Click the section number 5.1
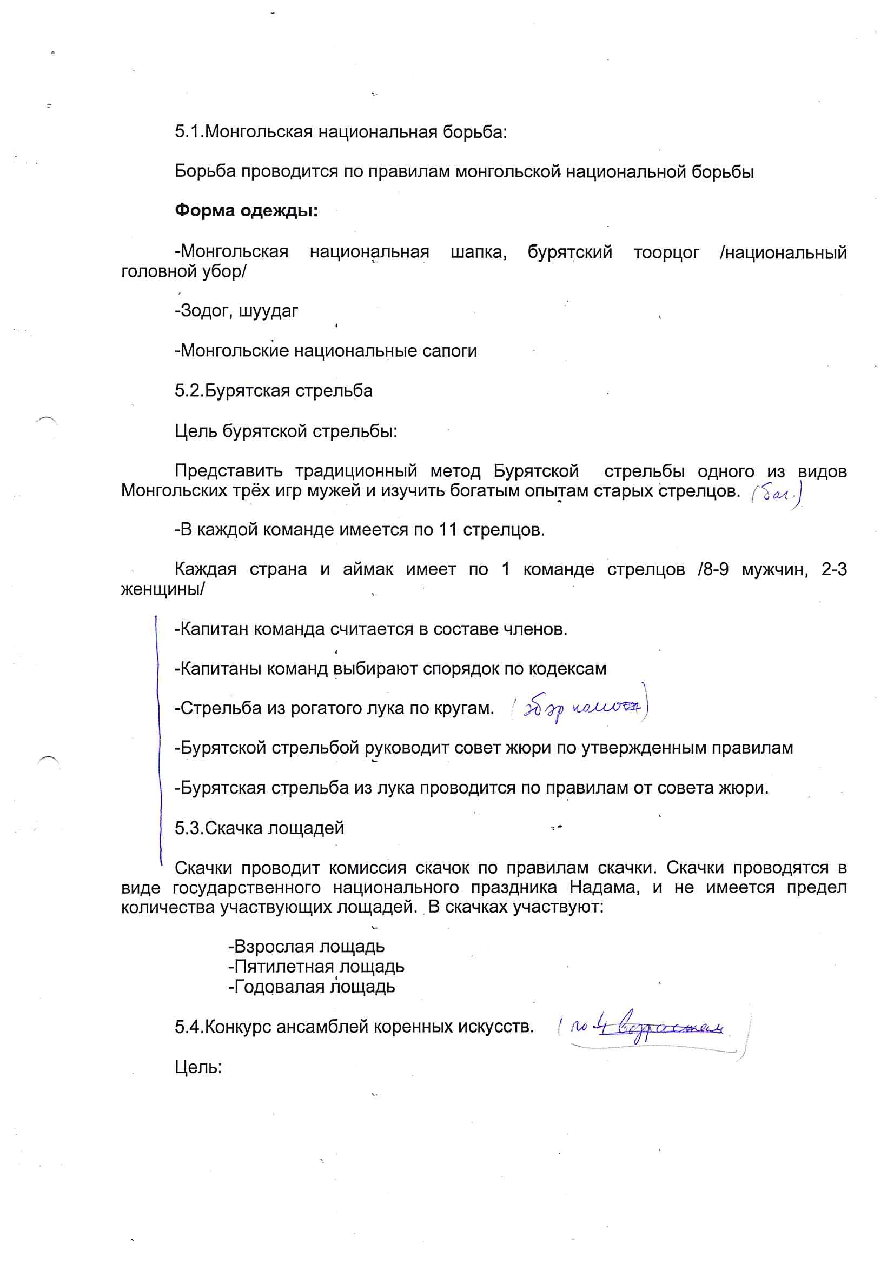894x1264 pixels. tap(189, 132)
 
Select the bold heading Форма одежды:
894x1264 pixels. tap(246, 210)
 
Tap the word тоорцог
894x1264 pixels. tap(666, 252)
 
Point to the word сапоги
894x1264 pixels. tap(449, 351)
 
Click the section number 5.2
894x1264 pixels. tap(189, 391)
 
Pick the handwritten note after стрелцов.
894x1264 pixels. tap(776, 494)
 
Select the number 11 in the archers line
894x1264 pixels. tap(448, 530)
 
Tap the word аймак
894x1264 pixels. tap(368, 569)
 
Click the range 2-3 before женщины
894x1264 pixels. tap(833, 569)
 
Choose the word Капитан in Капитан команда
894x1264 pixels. tap(214, 629)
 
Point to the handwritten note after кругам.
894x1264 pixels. tap(579, 708)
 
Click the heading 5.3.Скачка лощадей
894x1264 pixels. tap(260, 828)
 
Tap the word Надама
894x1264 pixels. tap(604, 887)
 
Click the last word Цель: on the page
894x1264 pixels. tap(198, 1067)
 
